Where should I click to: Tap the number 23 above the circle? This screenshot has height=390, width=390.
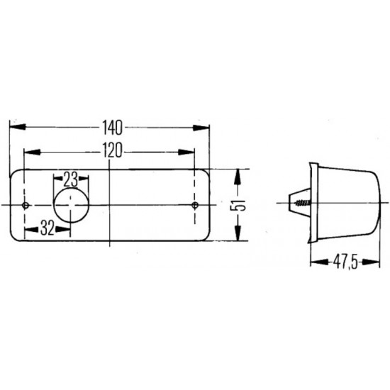[x=71, y=178]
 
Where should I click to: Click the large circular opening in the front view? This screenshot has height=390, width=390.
[x=72, y=206]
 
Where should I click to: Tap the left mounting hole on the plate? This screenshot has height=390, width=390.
[x=26, y=206]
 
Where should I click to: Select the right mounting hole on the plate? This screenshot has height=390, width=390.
[x=196, y=206]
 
